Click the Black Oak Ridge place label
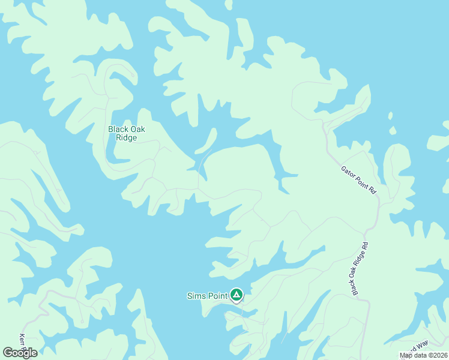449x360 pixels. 127,133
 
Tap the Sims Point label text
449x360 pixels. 207,295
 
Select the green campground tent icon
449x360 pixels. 237,295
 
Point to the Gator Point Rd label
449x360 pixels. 358,180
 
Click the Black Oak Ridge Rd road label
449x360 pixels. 360,269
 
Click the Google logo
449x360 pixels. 20,353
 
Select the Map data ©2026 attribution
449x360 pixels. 423,355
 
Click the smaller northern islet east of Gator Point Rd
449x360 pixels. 390,115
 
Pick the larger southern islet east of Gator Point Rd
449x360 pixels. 393,130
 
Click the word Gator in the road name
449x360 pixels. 348,171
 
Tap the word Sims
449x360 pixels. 196,295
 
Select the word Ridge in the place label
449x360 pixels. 127,138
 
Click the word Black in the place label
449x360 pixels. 118,129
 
